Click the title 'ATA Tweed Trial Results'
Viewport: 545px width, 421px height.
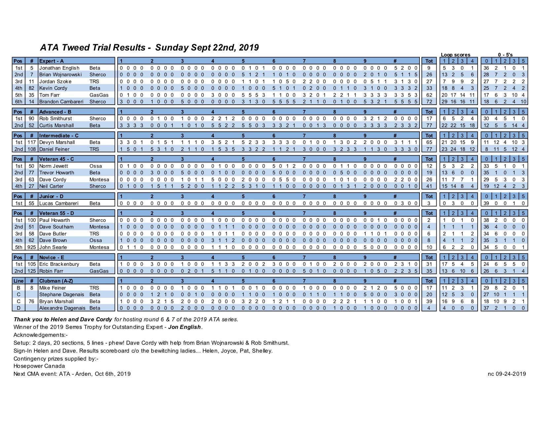pos(92,48)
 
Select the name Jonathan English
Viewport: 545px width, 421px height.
pos(59,68)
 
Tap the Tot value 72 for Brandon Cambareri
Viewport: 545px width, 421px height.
pos(429,102)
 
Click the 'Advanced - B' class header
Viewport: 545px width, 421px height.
pos(55,112)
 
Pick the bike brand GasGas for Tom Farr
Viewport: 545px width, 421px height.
pos(99,95)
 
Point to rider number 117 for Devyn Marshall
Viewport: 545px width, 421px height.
pos(32,142)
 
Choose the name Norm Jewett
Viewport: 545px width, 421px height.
pos(54,166)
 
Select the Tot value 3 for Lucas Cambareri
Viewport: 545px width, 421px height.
pos(429,203)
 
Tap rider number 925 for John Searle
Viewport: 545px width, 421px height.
pos(32,247)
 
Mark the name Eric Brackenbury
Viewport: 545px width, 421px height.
pos(59,264)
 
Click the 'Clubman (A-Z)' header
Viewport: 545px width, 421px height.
pos(56,281)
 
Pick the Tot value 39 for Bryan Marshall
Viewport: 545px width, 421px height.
pos(429,301)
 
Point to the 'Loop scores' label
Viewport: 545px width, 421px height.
pos(455,55)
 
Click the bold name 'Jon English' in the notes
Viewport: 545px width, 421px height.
pos(185,327)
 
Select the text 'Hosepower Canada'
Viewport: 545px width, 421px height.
pos(39,366)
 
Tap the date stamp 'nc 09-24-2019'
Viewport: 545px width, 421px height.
pos(507,374)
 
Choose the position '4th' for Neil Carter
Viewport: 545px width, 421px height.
pos(18,186)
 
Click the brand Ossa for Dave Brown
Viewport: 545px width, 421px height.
pos(95,240)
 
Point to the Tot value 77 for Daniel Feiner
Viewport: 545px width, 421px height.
pos(429,149)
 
